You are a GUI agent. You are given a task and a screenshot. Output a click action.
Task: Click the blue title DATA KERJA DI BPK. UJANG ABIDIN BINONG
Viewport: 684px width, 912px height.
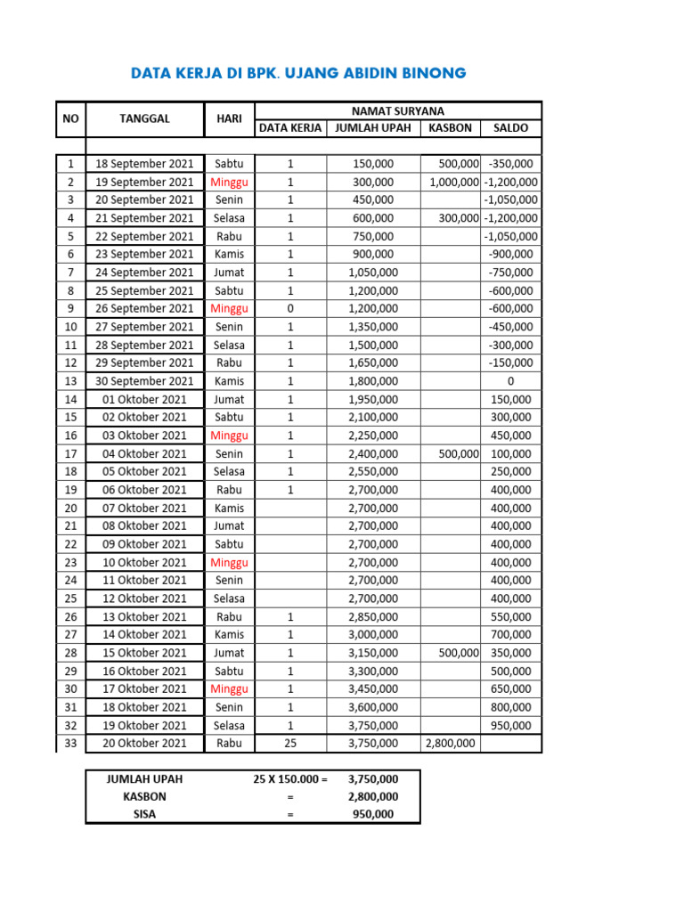coord(298,73)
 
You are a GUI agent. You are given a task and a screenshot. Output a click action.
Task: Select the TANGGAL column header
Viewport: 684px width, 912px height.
coord(144,118)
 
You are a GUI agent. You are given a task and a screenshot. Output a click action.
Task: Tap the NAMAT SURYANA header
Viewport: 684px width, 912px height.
coord(397,110)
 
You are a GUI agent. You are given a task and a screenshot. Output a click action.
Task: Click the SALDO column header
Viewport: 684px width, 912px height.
coord(510,128)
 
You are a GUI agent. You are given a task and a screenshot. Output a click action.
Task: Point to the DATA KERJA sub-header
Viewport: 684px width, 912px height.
coord(290,128)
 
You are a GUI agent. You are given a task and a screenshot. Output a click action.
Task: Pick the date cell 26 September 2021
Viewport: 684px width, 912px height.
coord(144,309)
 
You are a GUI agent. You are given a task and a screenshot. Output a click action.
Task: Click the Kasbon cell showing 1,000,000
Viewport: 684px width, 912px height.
coord(454,183)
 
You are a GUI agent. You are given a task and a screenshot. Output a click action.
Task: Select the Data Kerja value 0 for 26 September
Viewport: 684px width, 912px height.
coord(290,309)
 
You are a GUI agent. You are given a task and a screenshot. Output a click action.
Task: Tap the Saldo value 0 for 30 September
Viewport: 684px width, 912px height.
coord(510,381)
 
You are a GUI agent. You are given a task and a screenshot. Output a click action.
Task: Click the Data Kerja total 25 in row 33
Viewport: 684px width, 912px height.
coord(290,744)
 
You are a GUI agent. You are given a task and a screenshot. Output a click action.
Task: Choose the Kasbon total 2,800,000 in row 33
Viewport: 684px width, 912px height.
coord(452,744)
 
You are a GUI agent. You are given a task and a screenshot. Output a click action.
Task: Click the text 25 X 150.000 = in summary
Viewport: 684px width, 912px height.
coord(290,779)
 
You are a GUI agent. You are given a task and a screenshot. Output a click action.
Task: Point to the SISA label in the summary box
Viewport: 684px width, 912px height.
coord(144,815)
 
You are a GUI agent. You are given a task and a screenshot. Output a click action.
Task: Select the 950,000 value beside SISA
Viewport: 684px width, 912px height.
coord(373,815)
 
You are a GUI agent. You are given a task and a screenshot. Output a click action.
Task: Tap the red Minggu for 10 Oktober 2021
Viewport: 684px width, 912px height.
coord(229,563)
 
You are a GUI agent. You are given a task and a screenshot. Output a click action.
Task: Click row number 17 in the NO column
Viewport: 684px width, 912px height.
coord(70,454)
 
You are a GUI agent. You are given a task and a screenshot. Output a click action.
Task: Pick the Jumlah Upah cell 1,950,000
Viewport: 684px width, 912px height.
coord(373,400)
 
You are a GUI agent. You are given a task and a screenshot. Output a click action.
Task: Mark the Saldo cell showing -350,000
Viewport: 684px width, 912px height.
coord(511,164)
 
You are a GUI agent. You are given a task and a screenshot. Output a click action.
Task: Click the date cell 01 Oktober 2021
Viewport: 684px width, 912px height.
coord(144,400)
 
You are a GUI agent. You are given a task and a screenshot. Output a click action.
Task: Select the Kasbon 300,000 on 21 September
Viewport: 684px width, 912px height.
coord(458,218)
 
